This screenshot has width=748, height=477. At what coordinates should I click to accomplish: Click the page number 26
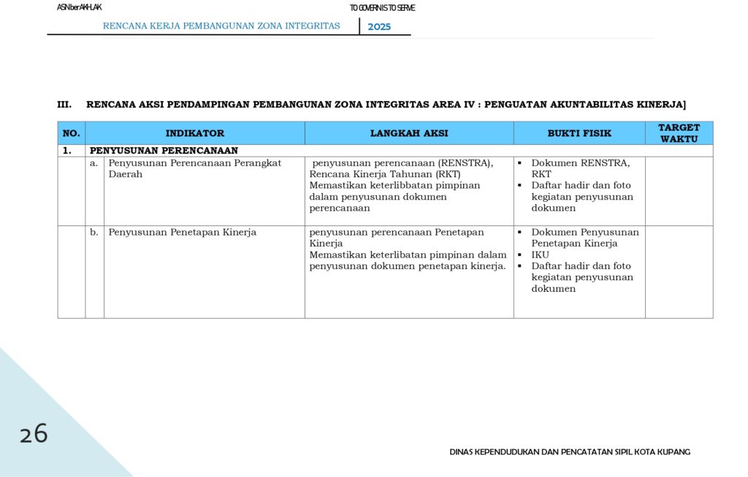point(34,434)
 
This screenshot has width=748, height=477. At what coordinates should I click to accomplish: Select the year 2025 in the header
point(379,26)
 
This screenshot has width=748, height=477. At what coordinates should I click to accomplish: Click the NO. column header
point(71,133)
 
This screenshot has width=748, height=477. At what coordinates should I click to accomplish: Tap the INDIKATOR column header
point(195,133)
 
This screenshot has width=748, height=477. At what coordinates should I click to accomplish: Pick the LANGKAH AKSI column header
point(409,133)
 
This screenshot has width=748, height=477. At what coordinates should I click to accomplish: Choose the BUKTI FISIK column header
point(579,133)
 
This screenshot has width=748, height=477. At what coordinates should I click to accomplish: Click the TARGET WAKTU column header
point(679,133)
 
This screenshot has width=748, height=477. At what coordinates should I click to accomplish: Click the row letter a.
point(93,162)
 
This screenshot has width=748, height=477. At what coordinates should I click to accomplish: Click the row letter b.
point(94,232)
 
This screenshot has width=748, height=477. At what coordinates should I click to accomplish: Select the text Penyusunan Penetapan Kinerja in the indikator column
point(183,232)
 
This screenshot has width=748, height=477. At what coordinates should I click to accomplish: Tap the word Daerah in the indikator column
point(126,174)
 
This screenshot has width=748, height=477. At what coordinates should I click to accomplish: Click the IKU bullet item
point(540,255)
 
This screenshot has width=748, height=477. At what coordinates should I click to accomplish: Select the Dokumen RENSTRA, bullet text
point(580,162)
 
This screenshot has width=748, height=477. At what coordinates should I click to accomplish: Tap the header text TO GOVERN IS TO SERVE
point(382,8)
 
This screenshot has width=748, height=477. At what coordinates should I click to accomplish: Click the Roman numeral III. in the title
point(64,105)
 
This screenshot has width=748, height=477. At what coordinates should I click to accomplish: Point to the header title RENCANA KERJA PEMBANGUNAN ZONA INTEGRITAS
point(221,26)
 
